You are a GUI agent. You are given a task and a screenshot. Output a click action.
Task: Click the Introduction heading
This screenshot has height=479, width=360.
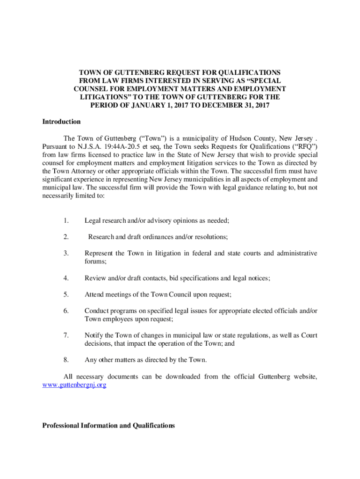click(61, 122)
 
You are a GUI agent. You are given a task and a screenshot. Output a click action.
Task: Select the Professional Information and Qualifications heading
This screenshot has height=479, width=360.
click(108, 426)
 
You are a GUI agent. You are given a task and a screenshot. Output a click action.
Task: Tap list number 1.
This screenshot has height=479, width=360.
click(67, 220)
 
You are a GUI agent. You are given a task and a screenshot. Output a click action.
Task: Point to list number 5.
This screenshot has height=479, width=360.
click(67, 294)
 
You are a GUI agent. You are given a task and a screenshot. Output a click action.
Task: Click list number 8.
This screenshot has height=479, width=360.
click(67, 360)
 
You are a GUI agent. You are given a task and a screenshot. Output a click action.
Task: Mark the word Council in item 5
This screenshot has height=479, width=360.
click(174, 294)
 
